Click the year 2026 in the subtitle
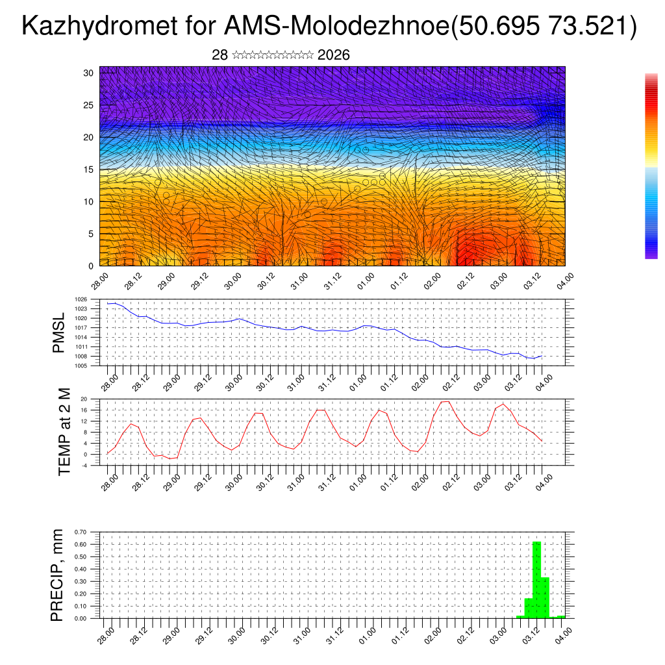tap(334, 55)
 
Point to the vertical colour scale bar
tap(651, 166)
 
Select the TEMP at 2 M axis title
tap(64, 433)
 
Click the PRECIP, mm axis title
tap(58, 575)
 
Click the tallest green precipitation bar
tap(536, 579)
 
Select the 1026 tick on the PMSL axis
tap(81, 299)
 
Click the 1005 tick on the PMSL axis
tap(81, 366)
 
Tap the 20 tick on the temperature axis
tap(84, 399)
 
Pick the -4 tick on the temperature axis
tap(84, 466)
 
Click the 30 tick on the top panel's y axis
tap(89, 73)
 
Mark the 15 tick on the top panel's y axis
tap(89, 169)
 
